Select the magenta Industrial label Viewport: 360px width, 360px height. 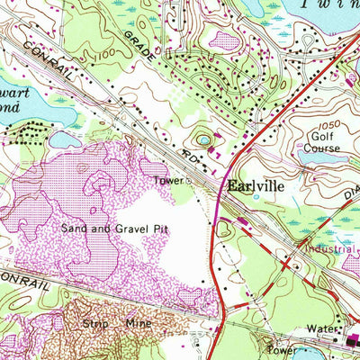pos(329,247)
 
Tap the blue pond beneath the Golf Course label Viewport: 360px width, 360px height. pos(319,159)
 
